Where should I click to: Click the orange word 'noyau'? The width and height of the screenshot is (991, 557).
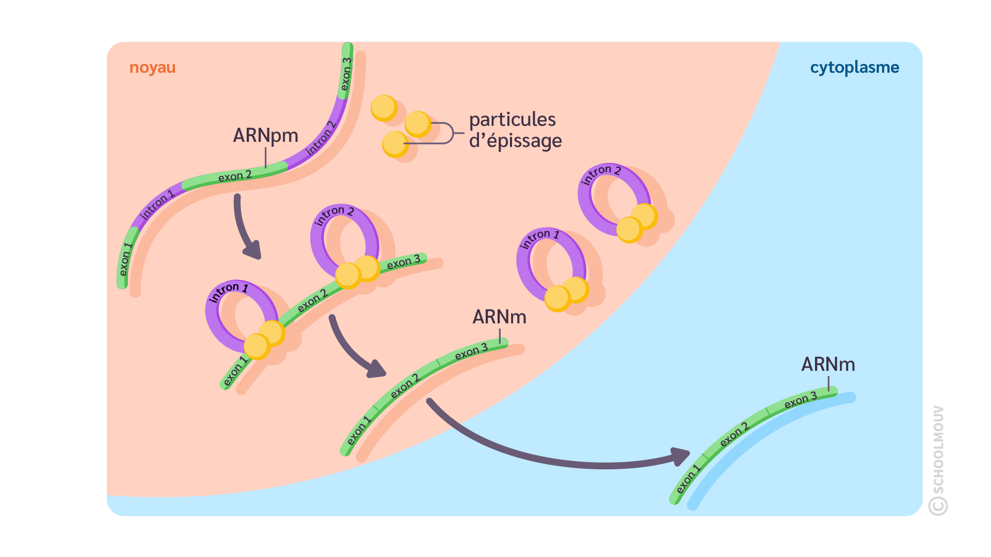point(152,68)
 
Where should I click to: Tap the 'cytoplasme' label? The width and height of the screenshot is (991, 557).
point(854,68)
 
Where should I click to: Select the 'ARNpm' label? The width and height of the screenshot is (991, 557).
point(265,135)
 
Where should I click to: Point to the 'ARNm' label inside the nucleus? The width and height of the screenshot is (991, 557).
point(499,317)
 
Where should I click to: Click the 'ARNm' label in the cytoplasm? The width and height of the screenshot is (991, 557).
point(828,364)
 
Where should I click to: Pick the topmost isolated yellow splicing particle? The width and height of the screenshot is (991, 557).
point(383,108)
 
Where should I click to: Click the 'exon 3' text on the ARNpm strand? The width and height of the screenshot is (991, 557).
point(346,73)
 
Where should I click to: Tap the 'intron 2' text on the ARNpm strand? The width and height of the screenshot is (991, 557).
point(321,138)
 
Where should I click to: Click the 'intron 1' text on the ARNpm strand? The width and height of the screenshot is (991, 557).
point(157,205)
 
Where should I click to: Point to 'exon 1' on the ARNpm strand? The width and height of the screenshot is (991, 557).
point(125,259)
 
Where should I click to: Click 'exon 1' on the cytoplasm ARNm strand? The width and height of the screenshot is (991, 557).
point(688,479)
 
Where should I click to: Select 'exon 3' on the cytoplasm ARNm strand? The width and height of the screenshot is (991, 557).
point(801,400)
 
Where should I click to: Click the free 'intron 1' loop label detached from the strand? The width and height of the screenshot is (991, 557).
point(540,238)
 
